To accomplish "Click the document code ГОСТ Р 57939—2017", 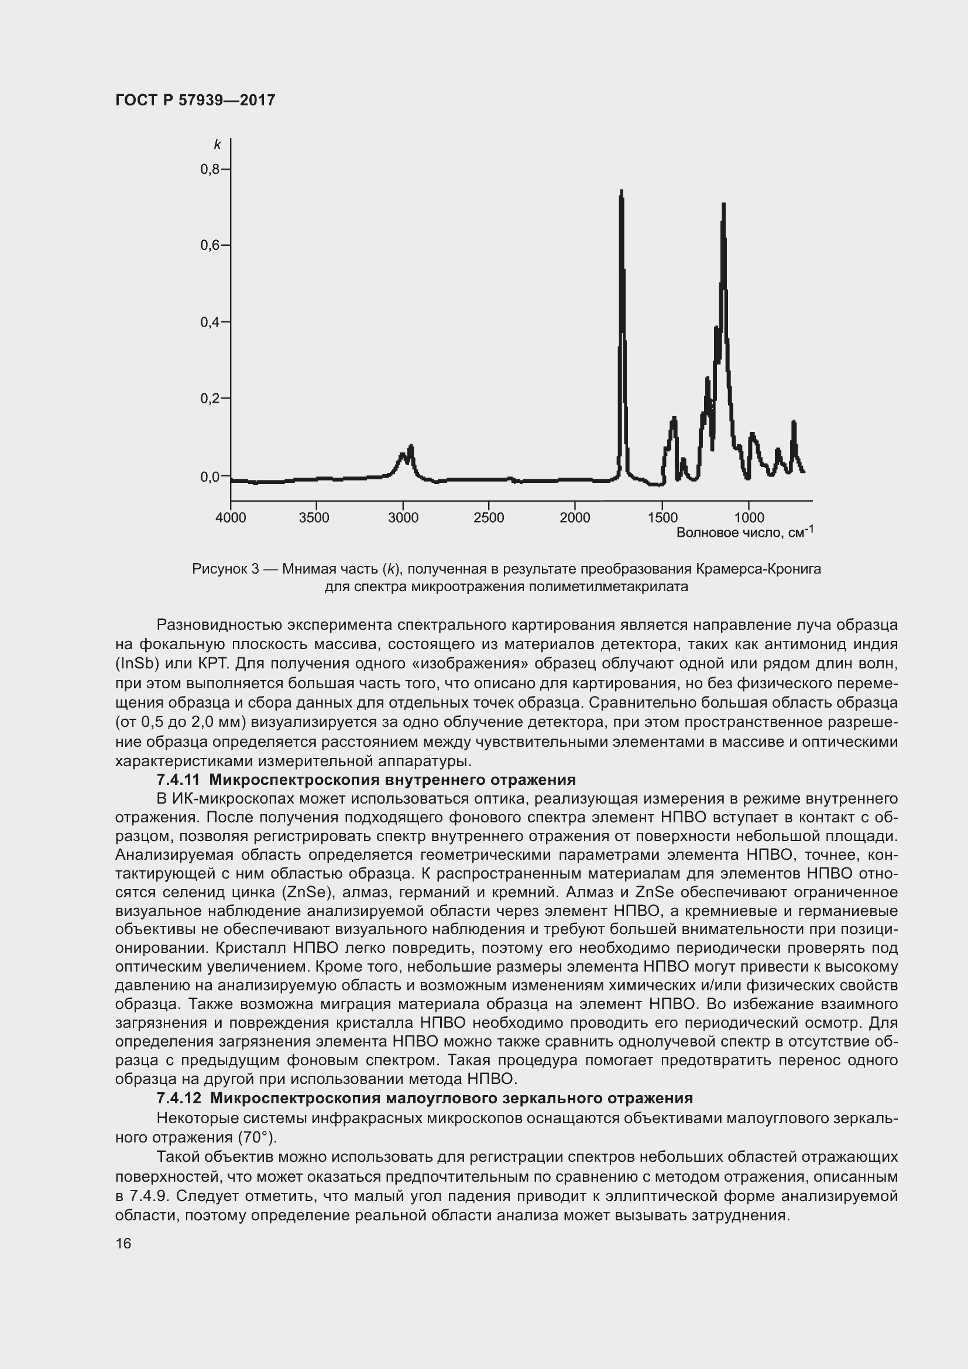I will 195,100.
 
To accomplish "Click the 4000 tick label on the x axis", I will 231,517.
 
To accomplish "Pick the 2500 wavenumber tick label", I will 489,517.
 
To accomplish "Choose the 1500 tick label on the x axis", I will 663,517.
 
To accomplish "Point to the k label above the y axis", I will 218,145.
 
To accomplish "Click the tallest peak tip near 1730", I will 622,191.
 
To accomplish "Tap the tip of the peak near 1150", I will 723,204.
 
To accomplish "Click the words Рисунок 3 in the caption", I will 225,569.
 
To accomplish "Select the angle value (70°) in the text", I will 258,1138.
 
